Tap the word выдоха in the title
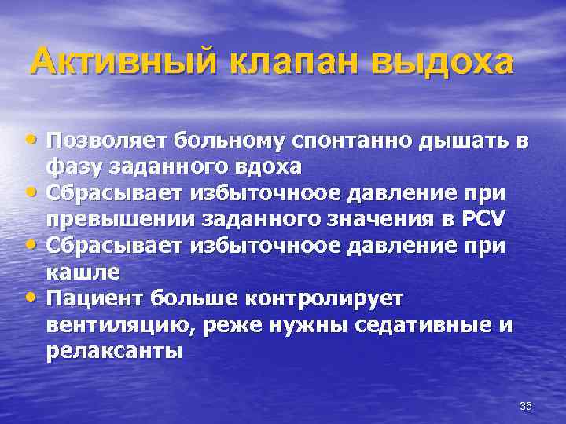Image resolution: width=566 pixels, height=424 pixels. [443, 60]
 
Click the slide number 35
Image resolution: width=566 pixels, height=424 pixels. [526, 405]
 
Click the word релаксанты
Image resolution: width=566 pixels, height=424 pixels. [115, 350]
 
